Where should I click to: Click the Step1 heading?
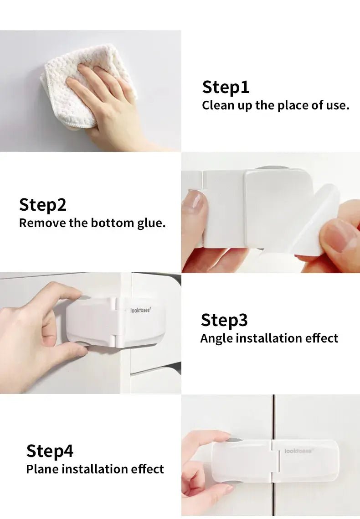226,88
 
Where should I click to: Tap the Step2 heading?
43,205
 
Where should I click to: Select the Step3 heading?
224,321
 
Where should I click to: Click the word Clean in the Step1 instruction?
216,105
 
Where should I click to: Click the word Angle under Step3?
216,338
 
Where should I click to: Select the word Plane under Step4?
42,469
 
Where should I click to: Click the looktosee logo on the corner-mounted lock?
140,310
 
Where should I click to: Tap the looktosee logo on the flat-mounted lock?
298,451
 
